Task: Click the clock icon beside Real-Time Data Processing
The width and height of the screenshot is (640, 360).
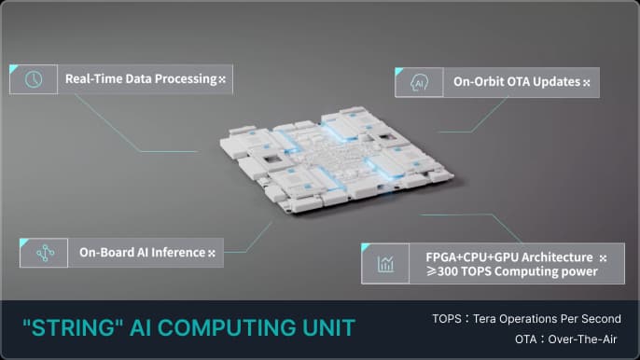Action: click(34, 80)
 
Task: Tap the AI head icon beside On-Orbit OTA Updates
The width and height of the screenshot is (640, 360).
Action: click(419, 83)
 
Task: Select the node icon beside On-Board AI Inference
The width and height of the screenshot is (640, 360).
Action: click(44, 253)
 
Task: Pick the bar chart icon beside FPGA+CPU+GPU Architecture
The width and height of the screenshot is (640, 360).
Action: click(385, 264)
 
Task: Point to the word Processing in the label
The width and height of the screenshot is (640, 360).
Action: click(185, 79)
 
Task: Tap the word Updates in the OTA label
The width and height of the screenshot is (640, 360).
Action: click(558, 83)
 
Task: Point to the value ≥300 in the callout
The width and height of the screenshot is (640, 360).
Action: click(444, 272)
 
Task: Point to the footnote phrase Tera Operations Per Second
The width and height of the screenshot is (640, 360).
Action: click(550, 319)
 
